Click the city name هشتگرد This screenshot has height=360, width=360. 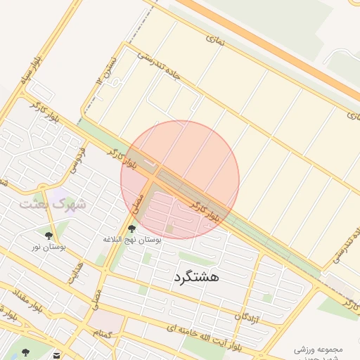(195, 276)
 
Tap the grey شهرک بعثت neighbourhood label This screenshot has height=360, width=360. (52, 204)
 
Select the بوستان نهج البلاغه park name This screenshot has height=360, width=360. (132, 240)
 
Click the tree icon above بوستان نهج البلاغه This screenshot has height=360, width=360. (131, 228)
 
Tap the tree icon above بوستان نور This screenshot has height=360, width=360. (48, 236)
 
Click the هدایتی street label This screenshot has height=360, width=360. (75, 271)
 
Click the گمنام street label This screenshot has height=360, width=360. (105, 333)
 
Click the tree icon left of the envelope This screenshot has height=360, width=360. (26, 352)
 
